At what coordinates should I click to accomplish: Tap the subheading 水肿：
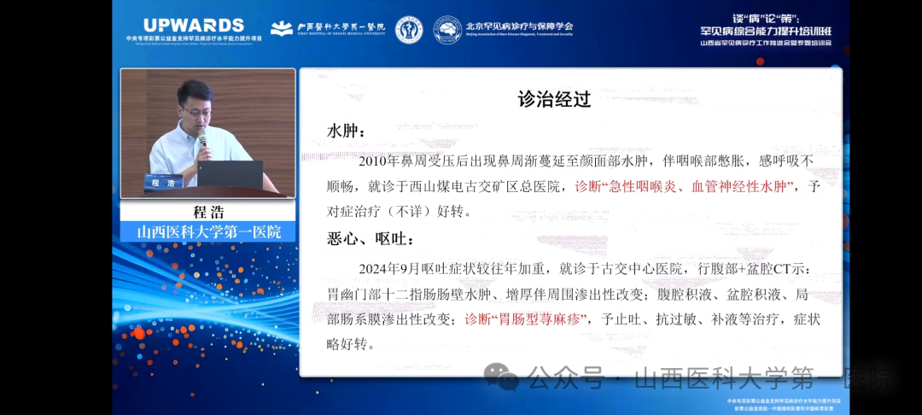click(x=347, y=132)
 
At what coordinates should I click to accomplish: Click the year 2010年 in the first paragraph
click(x=381, y=160)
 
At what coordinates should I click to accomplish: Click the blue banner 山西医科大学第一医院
click(x=208, y=231)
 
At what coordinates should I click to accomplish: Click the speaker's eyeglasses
click(x=194, y=109)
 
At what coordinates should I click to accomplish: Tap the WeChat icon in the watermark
click(x=502, y=377)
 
